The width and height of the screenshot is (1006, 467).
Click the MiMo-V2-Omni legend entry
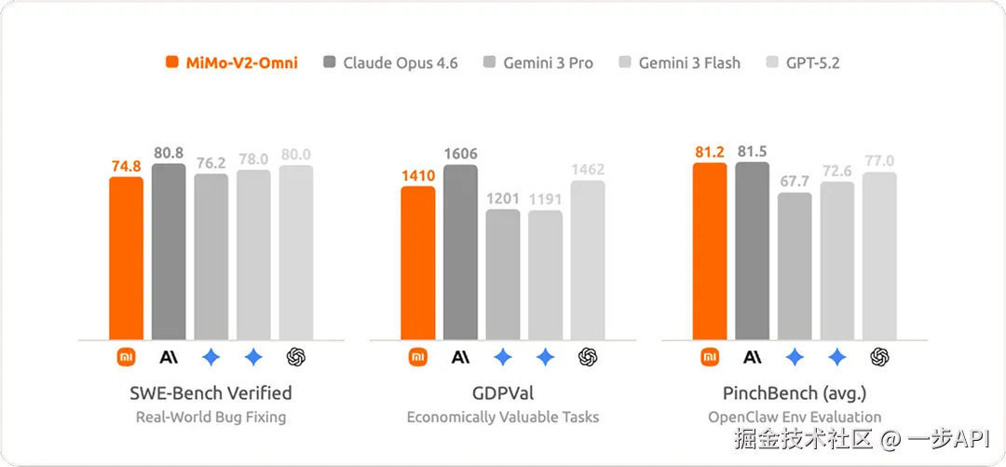(232, 63)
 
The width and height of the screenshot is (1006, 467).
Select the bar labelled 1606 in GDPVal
(460, 252)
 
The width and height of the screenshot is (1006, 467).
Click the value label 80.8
(168, 152)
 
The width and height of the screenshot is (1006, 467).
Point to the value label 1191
(545, 199)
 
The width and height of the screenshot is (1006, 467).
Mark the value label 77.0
(878, 160)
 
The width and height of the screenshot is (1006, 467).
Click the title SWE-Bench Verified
(211, 392)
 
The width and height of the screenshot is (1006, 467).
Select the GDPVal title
(503, 392)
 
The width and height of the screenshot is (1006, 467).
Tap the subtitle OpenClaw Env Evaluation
(795, 417)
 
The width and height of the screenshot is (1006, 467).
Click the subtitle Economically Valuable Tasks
(503, 417)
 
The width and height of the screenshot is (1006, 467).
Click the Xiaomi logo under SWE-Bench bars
(126, 356)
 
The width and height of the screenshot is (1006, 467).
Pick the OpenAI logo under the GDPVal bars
(588, 356)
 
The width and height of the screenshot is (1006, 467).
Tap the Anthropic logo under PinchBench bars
(752, 356)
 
